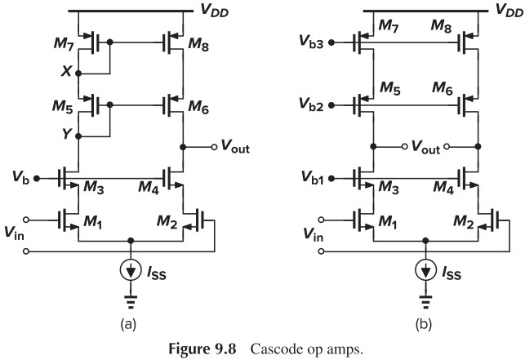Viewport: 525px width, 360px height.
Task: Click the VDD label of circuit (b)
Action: pyautogui.click(x=508, y=10)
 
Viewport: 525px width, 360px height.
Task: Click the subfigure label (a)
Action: pyautogui.click(x=129, y=323)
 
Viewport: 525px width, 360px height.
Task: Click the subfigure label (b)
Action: pyautogui.click(x=424, y=323)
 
